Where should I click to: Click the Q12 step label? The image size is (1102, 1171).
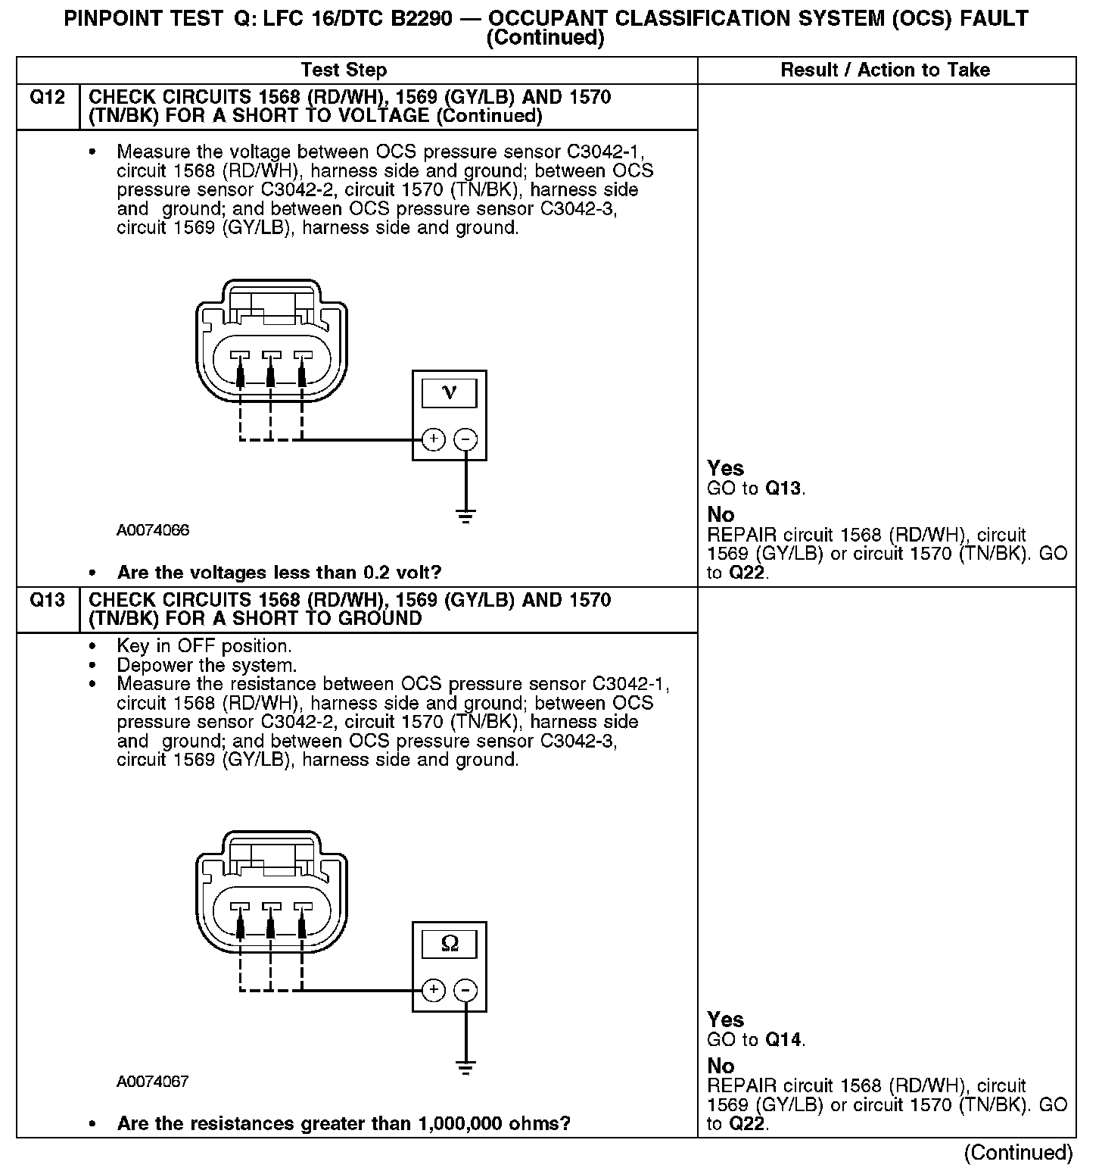[47, 98]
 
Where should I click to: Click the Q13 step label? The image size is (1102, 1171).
[47, 601]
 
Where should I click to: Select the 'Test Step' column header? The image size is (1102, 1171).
[344, 70]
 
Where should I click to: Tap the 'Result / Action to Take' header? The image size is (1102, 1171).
[885, 70]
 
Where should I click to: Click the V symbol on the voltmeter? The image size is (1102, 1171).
[450, 392]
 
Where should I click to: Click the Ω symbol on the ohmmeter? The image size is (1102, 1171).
[450, 944]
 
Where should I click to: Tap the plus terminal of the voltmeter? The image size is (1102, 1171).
[433, 439]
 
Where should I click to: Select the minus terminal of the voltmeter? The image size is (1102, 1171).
[465, 439]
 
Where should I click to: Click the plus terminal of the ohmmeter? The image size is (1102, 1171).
[433, 991]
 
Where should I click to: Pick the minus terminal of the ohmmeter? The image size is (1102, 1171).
[465, 991]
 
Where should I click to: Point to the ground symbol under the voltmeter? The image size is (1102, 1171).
[465, 517]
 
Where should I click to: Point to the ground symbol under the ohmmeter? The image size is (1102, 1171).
[465, 1069]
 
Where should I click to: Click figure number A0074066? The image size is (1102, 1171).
[153, 530]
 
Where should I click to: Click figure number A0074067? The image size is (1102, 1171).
[153, 1082]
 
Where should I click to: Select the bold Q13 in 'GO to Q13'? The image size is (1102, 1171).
[783, 489]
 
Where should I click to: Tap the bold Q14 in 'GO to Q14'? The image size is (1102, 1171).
[783, 1040]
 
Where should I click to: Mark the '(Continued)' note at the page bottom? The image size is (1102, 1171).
[1018, 1153]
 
